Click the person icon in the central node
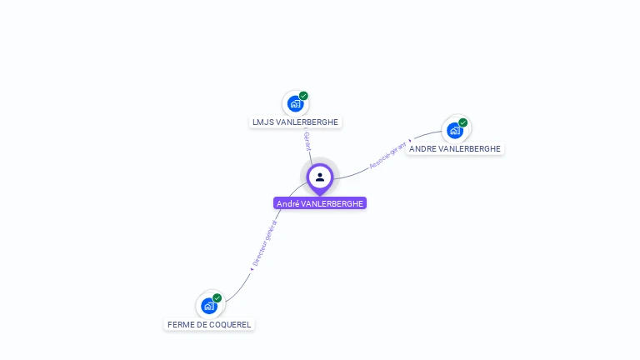pos(320,177)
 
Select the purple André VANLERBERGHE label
pos(320,203)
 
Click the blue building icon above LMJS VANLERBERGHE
pos(294,103)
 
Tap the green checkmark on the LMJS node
pos(303,96)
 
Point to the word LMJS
pos(262,122)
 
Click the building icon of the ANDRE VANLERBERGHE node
pos(454,130)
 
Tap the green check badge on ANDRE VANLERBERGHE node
pos(463,122)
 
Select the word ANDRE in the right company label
pos(422,149)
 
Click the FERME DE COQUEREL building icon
pos(208,306)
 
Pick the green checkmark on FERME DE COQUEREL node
pos(217,297)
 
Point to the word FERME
pos(179,325)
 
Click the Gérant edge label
pos(307,141)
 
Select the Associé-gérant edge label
pos(387,155)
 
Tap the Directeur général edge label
pos(265,242)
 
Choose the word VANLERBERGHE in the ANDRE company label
pos(469,149)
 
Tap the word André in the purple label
pos(287,203)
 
